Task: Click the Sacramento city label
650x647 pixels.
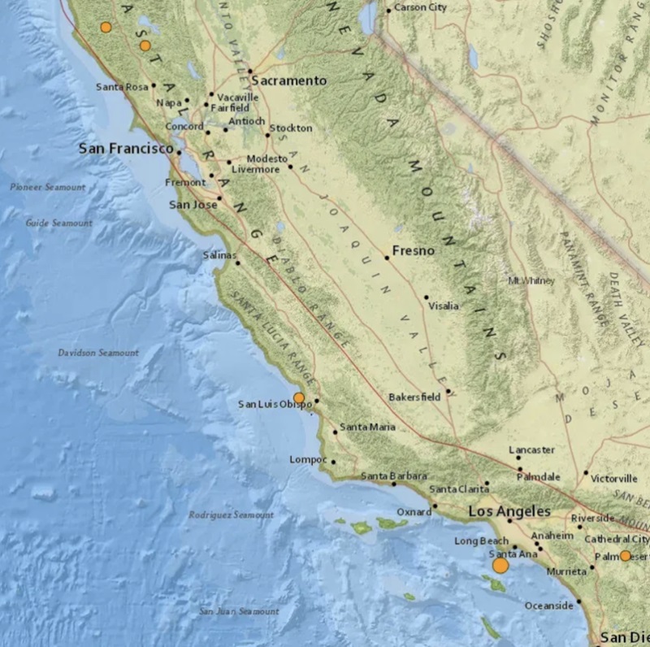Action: [x=288, y=80]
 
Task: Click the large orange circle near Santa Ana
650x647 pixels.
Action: [x=500, y=564]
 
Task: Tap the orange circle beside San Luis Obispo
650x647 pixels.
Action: [x=299, y=397]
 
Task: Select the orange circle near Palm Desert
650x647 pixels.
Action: [x=626, y=556]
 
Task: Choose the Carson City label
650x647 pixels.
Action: [x=421, y=9]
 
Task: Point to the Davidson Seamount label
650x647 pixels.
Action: [x=98, y=353]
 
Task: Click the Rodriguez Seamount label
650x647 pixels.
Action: [x=231, y=515]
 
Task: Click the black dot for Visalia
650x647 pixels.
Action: [x=425, y=297]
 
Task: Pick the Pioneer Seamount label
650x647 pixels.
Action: [x=47, y=187]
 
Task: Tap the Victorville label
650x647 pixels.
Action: [x=614, y=478]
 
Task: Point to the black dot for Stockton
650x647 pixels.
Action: [x=267, y=134]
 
